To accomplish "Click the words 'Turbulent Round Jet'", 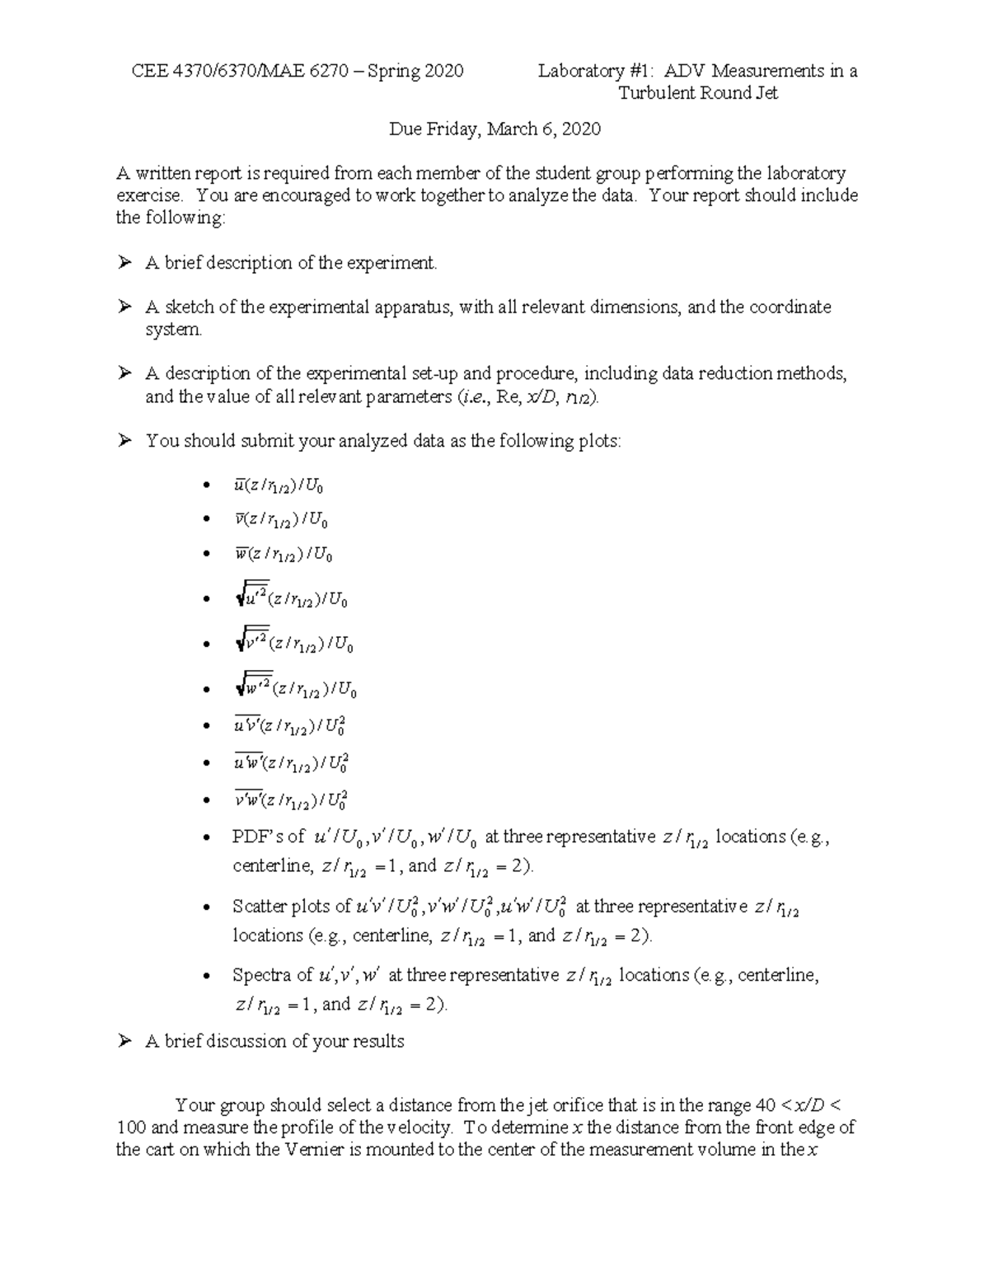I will coord(698,93).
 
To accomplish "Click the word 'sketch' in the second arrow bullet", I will coord(188,307).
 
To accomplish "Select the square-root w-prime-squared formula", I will coord(295,687).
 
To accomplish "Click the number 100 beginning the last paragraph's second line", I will coord(132,1128).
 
